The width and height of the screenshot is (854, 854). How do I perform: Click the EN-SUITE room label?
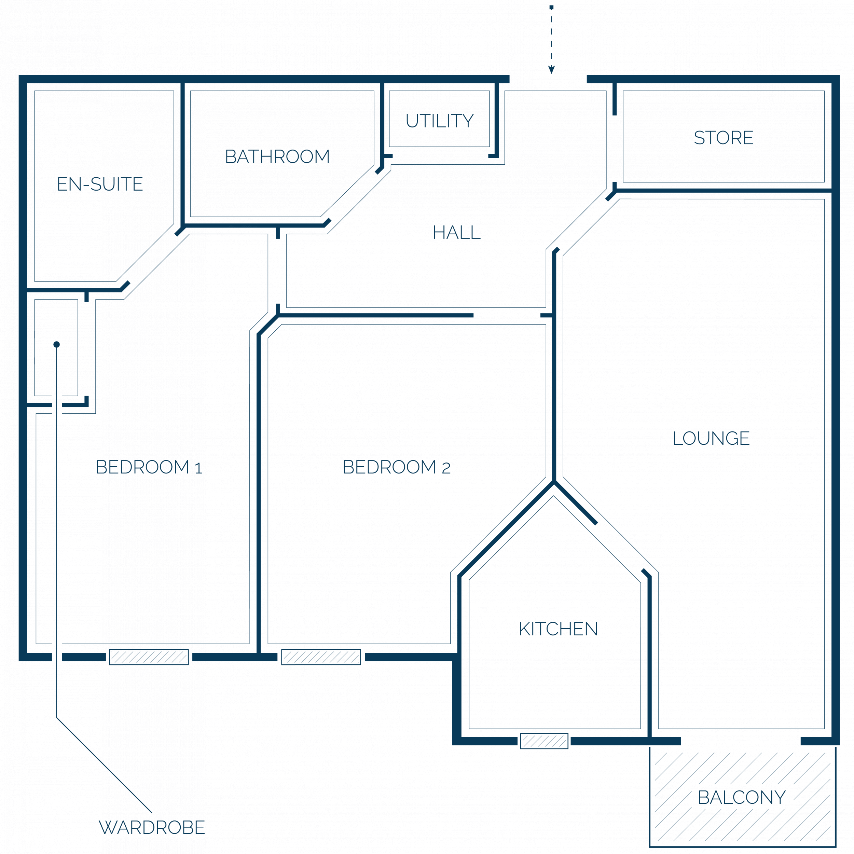100,184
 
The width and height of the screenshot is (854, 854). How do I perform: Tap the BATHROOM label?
277,156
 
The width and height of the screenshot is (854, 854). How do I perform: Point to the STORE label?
724,137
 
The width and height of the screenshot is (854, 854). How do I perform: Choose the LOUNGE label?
711,438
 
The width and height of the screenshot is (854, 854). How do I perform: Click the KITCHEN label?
558,629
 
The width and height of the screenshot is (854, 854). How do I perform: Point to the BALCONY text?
742,797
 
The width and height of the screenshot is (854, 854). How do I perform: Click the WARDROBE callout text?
152,827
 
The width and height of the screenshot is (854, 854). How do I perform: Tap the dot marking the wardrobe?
57,344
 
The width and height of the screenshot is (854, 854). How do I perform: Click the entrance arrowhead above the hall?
551,70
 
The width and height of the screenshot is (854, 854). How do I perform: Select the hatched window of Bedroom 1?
149,657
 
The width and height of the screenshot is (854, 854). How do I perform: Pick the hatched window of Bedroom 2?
321,657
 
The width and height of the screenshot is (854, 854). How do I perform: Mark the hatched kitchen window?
544,741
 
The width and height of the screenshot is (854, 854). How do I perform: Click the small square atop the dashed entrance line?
551,7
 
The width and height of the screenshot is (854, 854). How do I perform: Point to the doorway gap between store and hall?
615,149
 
